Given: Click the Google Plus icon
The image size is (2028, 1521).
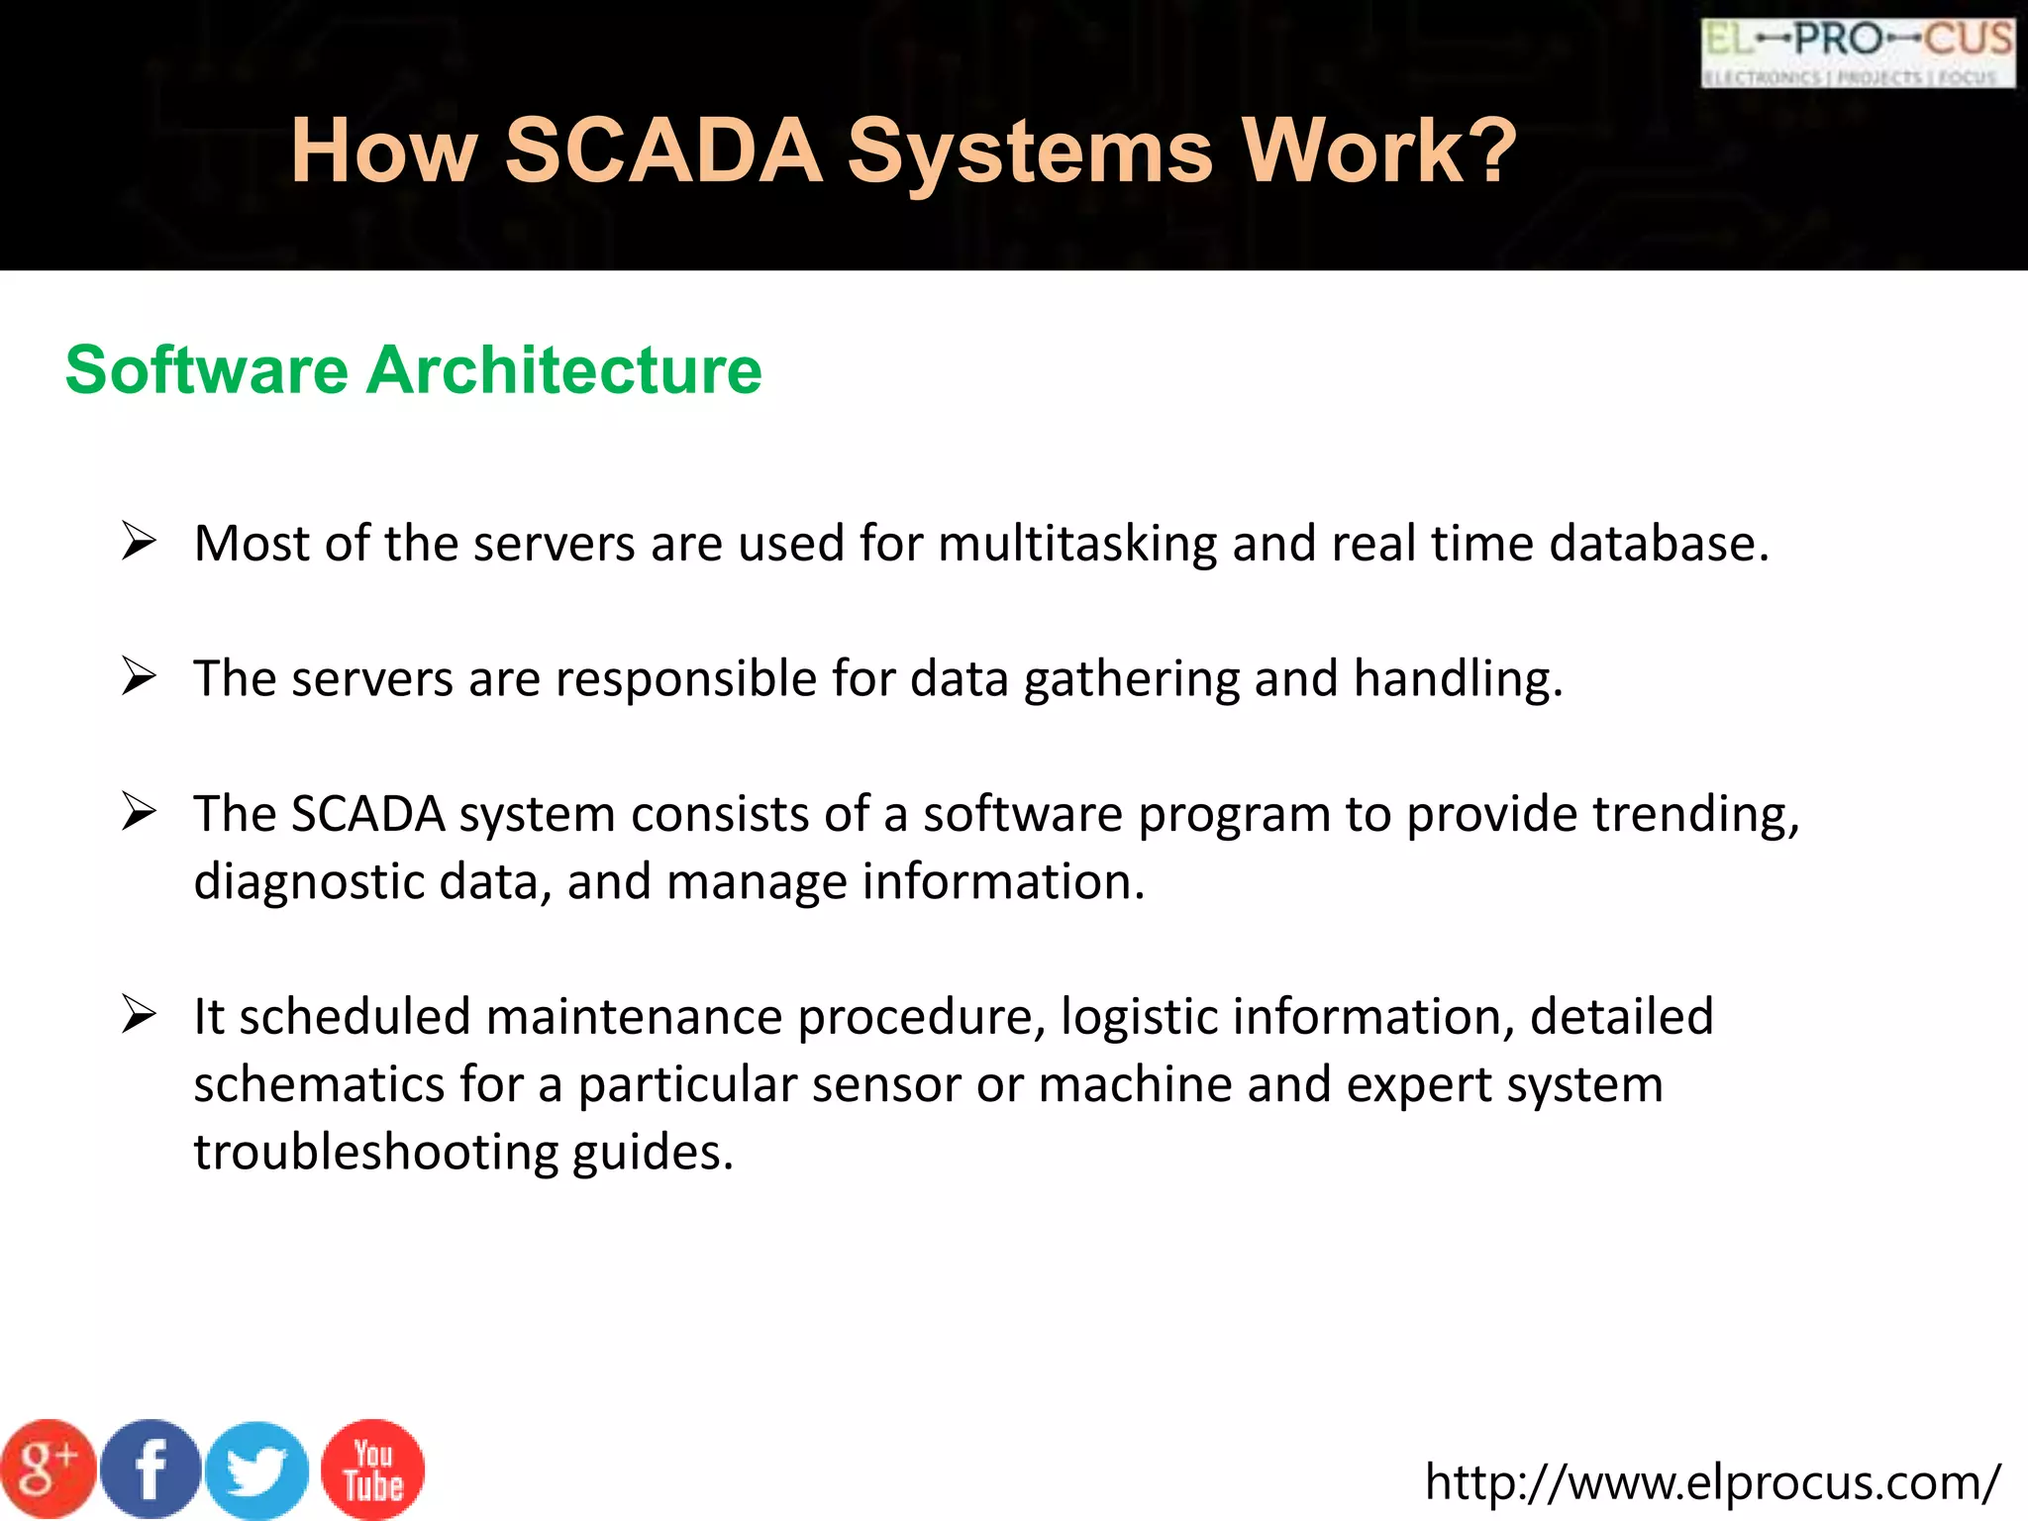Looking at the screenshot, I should coord(47,1470).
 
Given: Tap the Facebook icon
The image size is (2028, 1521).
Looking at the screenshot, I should coord(152,1470).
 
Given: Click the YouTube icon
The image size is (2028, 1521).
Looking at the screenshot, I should coord(373,1470).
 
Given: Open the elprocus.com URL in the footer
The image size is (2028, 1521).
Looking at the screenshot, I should coord(1712,1481).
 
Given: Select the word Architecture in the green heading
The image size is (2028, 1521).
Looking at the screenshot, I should coord(564,370).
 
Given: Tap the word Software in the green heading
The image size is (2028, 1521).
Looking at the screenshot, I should coord(207,370).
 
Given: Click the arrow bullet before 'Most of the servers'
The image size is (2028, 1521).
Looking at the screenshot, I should coord(139,542).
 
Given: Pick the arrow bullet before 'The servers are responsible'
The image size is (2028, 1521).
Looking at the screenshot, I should coord(139,677).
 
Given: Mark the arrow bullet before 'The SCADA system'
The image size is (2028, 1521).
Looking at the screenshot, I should coord(139,813).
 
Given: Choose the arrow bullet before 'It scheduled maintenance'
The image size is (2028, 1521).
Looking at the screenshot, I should coord(139,1016).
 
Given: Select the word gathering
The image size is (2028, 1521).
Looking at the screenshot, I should coord(1131,680).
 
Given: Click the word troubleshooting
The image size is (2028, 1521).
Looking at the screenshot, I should coord(376,1153).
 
